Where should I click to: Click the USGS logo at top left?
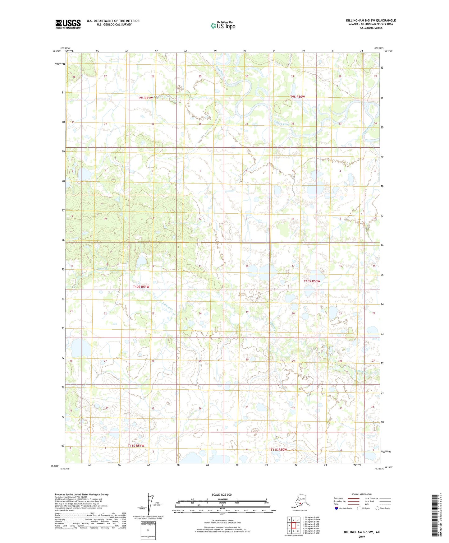point(68,24)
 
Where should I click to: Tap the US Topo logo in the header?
point(223,26)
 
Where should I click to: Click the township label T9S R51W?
point(145,98)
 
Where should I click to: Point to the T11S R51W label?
point(136,446)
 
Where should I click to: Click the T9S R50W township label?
point(297,97)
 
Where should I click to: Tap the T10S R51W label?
point(141,287)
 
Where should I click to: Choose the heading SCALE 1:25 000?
point(222,495)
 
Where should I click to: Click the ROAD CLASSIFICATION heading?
point(362,494)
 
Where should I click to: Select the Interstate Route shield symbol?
point(336,508)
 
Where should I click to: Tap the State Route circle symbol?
point(378,508)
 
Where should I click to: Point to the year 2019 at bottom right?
point(362,536)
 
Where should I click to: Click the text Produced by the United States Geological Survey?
point(82,494)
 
